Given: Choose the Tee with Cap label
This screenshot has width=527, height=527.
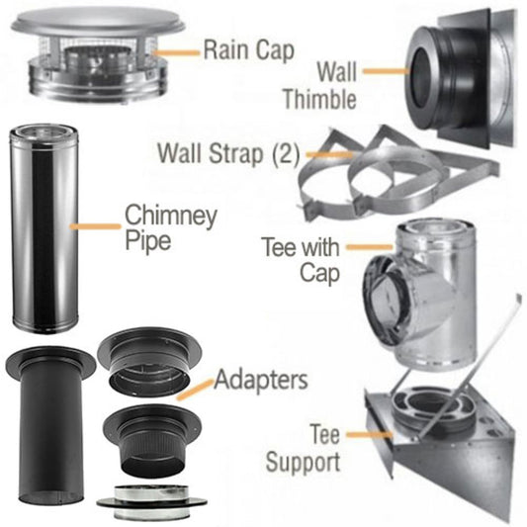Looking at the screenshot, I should (302, 258).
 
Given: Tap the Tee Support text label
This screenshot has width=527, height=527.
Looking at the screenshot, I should (310, 449).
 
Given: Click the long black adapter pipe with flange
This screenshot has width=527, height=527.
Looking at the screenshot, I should (47, 425).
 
